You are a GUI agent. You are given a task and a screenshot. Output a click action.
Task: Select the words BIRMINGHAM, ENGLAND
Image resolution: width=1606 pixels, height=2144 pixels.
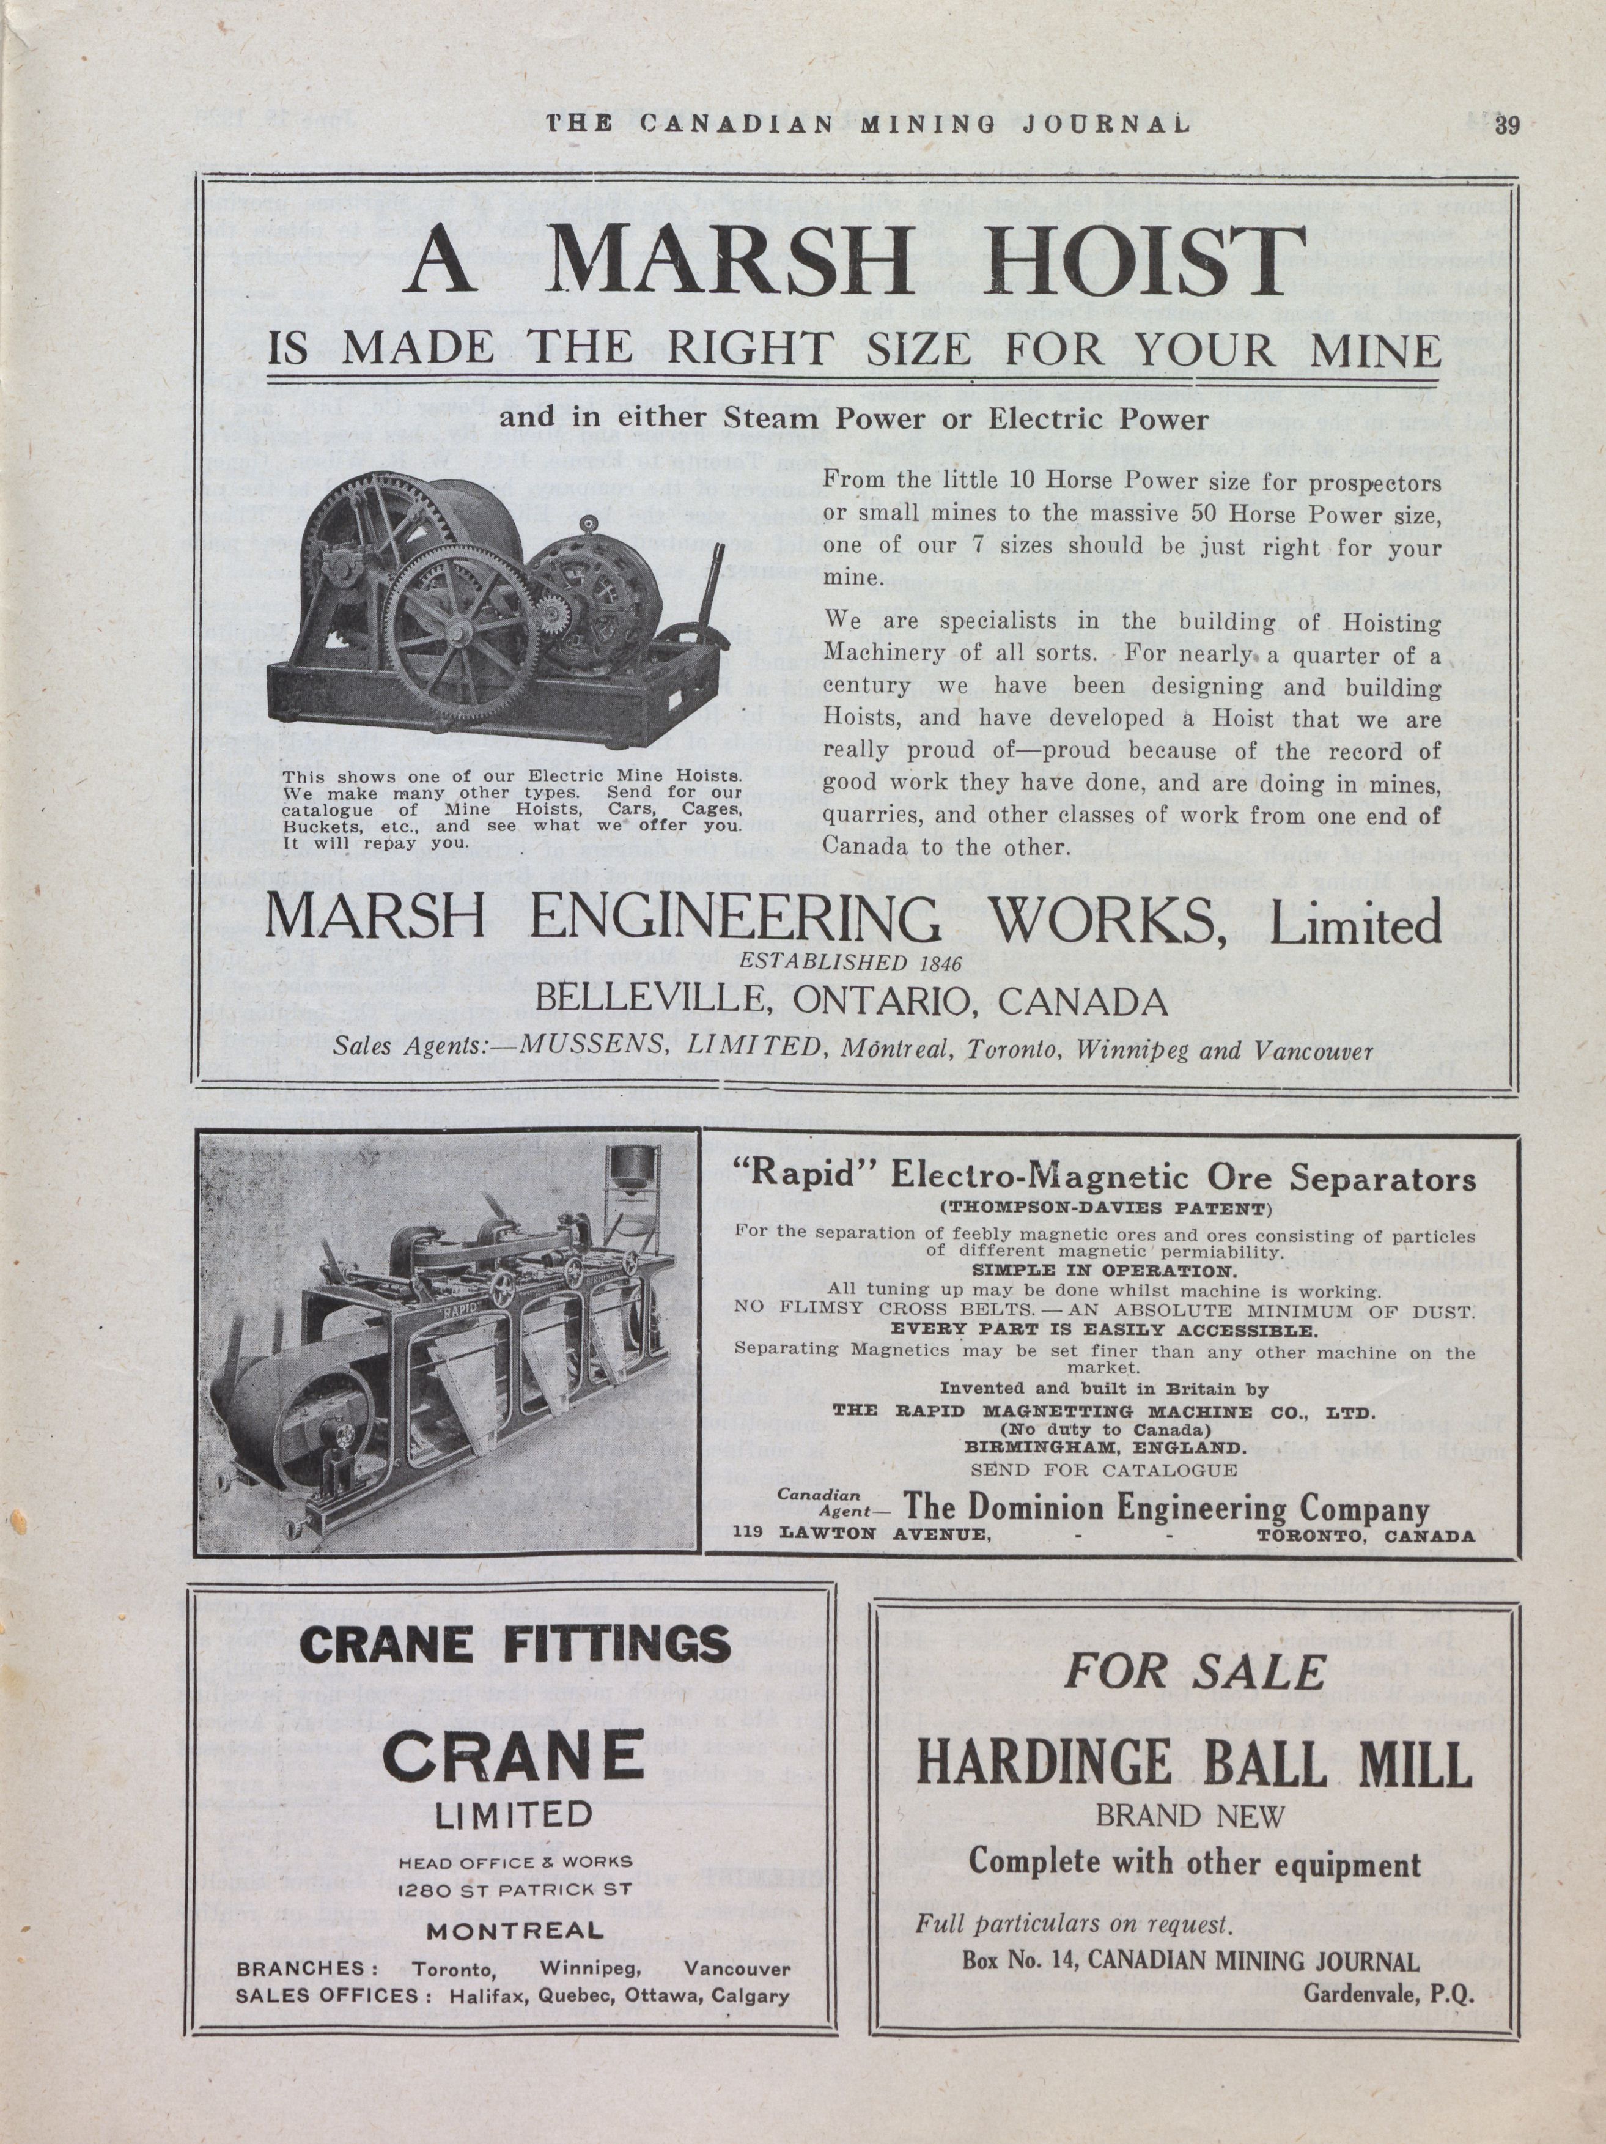(x=1104, y=1447)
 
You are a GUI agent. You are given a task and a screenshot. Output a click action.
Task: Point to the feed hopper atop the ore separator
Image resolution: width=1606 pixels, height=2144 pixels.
(x=628, y=1173)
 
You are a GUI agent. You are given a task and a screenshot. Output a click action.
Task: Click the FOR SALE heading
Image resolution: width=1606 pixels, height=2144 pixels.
(x=1194, y=1671)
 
